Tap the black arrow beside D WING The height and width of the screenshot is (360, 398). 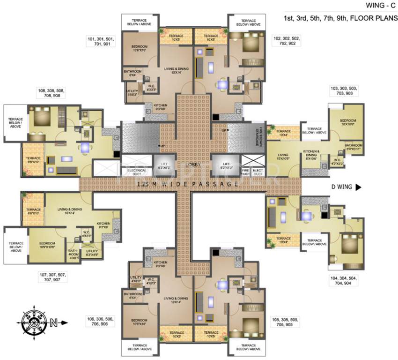358,187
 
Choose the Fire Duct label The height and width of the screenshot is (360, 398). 245,172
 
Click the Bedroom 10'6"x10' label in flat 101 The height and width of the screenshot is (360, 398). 140,48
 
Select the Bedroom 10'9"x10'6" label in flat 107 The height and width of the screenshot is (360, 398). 47,245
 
